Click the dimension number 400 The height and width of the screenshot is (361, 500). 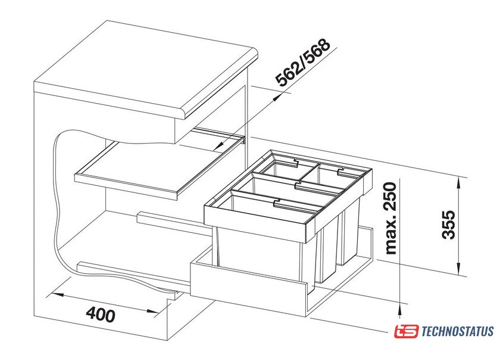coord(99,313)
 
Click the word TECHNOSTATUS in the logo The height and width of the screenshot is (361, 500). coord(457,331)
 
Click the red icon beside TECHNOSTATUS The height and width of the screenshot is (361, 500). coord(407,331)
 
